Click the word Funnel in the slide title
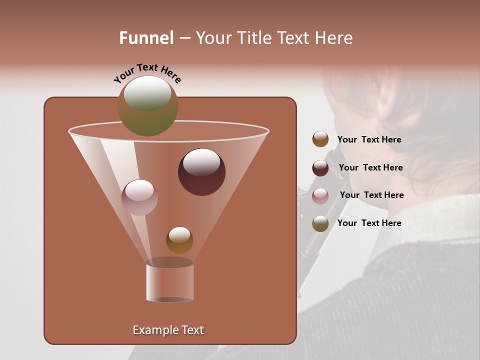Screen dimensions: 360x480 pos(146,38)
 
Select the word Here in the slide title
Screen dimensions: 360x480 pos(333,38)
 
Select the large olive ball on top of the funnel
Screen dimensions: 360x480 pos(147,105)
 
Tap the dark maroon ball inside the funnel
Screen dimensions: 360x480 pos(201,171)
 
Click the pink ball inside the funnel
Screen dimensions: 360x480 pos(139,197)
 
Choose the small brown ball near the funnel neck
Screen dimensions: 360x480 pos(179,240)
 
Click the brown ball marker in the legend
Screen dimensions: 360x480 pos(320,139)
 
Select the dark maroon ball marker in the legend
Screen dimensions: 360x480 pos(320,167)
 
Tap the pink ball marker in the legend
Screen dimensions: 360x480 pos(320,195)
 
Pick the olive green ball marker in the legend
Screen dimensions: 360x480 pos(320,223)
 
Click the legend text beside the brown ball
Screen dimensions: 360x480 pos(369,139)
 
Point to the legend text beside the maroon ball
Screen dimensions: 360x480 pos(370,167)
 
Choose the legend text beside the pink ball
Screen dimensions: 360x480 pos(371,195)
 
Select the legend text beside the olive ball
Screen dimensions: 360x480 pos(369,223)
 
